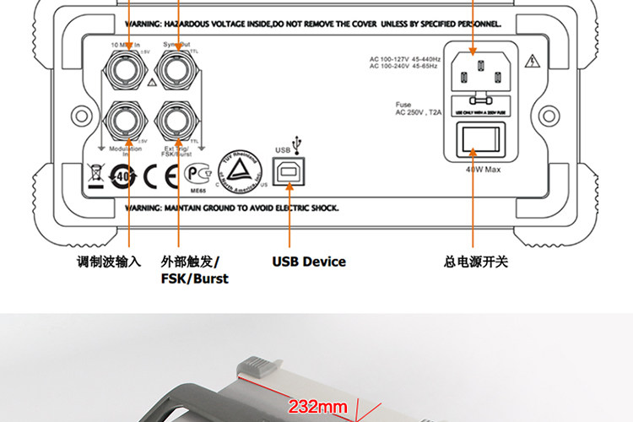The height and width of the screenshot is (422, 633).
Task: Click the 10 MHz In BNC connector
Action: (x=128, y=66)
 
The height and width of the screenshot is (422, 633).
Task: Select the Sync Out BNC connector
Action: (x=177, y=66)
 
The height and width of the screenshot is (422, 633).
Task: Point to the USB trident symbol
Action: (x=295, y=143)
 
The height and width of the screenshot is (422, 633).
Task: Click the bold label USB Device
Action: (x=309, y=262)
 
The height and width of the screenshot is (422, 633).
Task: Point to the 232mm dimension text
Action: (x=318, y=407)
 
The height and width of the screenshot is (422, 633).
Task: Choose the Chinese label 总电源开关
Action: (x=476, y=262)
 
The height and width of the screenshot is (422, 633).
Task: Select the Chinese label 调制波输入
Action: (x=109, y=262)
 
